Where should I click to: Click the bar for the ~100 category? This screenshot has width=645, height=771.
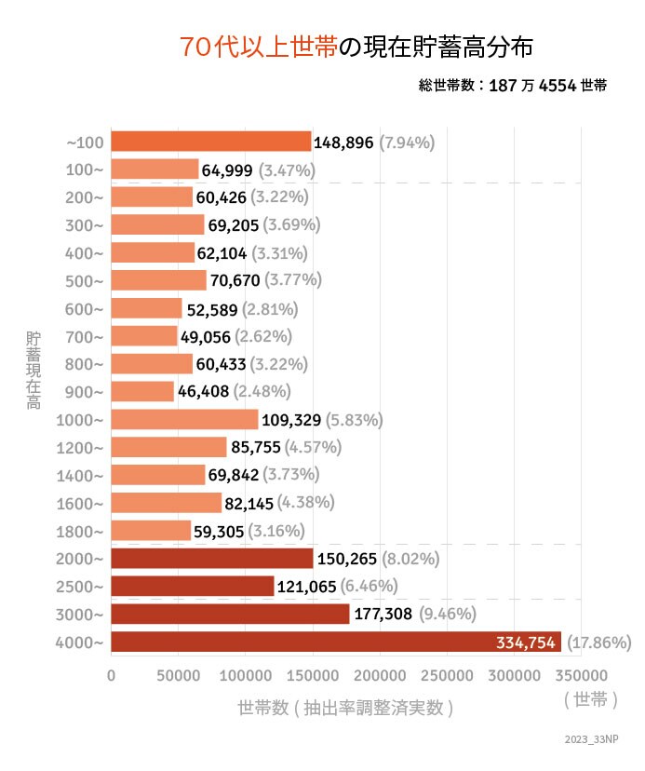210,142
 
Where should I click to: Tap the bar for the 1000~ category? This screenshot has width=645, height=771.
184,419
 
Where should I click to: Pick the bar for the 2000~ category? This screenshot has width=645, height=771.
211,558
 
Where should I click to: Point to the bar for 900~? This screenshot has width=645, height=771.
142,391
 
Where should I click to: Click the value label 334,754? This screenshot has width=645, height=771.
526,642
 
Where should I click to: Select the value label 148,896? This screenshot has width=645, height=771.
343,142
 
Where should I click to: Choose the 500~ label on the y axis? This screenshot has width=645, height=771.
85,280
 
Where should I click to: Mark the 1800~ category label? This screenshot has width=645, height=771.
81,531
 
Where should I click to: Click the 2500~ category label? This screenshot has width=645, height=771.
81,587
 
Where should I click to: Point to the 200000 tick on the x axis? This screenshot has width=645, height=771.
380,673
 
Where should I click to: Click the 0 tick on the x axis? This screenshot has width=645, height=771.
112,673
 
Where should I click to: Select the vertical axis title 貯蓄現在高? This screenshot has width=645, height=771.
33,370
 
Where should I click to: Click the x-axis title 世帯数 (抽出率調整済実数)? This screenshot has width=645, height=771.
345,708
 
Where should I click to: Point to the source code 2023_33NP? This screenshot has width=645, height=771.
591,739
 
